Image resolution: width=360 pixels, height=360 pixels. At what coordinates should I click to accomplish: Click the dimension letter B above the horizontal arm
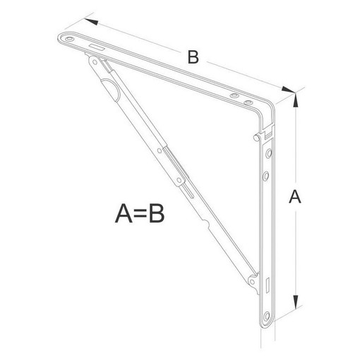tap(193, 57)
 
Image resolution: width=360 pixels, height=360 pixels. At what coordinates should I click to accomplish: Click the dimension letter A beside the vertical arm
tap(295, 197)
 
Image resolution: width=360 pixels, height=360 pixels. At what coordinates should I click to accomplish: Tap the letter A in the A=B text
tap(124, 213)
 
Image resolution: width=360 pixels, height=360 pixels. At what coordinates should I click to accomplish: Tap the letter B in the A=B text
tap(157, 213)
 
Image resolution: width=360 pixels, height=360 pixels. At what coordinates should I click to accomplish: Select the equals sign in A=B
tap(140, 214)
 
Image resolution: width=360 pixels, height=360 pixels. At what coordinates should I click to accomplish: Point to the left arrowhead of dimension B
tap(91, 21)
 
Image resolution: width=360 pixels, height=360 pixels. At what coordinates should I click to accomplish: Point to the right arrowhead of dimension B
tap(288, 90)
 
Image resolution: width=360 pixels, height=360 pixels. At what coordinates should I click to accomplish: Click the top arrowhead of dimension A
tap(296, 100)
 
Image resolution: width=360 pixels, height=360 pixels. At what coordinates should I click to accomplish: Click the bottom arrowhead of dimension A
tap(296, 301)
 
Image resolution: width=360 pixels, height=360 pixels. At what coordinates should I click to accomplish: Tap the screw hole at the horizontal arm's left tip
tap(69, 39)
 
